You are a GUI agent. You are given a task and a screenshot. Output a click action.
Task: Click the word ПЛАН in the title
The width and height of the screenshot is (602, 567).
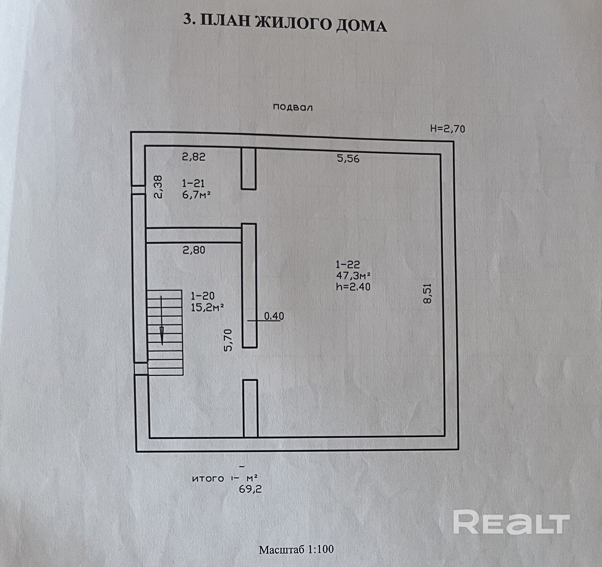(x=225, y=22)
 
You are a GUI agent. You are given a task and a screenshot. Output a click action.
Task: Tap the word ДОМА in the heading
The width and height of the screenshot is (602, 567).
(x=361, y=26)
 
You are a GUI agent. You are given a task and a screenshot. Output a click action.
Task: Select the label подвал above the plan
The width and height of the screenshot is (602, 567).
(x=293, y=107)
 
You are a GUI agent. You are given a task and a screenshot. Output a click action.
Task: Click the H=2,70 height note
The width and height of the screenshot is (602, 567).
(x=447, y=129)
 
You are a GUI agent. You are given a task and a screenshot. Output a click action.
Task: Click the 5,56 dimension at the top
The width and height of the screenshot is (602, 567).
(x=348, y=158)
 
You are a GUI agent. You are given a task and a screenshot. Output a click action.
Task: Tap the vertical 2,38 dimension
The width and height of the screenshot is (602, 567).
(x=158, y=187)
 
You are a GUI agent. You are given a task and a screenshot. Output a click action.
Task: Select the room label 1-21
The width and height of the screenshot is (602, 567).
(x=193, y=183)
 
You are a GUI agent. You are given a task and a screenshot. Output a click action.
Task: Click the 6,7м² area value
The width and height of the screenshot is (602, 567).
(x=196, y=195)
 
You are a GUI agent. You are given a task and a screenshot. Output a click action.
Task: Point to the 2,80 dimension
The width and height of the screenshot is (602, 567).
(x=194, y=250)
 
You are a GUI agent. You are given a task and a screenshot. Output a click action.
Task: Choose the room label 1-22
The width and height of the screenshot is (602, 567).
(x=348, y=264)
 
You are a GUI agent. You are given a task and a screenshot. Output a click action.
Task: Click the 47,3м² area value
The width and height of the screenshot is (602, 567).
(x=353, y=276)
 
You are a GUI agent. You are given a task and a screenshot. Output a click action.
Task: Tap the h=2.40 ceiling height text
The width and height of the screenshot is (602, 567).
(x=353, y=287)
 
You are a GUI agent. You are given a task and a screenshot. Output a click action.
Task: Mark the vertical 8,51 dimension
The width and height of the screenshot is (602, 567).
(x=428, y=293)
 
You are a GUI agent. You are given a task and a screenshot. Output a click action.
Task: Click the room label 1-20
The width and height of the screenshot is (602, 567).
(x=202, y=296)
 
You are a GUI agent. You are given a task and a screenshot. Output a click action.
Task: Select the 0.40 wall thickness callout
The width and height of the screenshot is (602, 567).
(x=274, y=316)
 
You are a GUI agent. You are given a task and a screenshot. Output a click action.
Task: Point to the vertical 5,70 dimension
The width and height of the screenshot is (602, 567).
(x=228, y=340)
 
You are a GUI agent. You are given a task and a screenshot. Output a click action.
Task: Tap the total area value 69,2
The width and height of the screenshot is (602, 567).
(x=250, y=489)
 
